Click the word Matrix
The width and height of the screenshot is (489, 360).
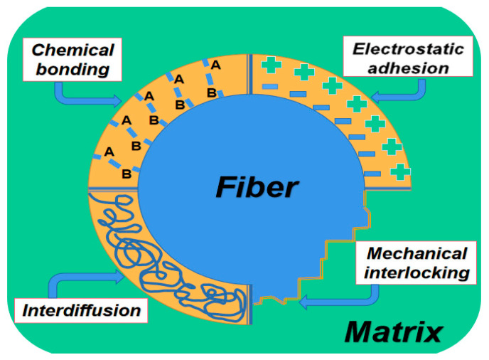pyautogui.click(x=394, y=332)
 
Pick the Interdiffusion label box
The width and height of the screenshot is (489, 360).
pyautogui.click(x=81, y=311)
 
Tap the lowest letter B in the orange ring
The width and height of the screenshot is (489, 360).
pyautogui.click(x=126, y=173)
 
